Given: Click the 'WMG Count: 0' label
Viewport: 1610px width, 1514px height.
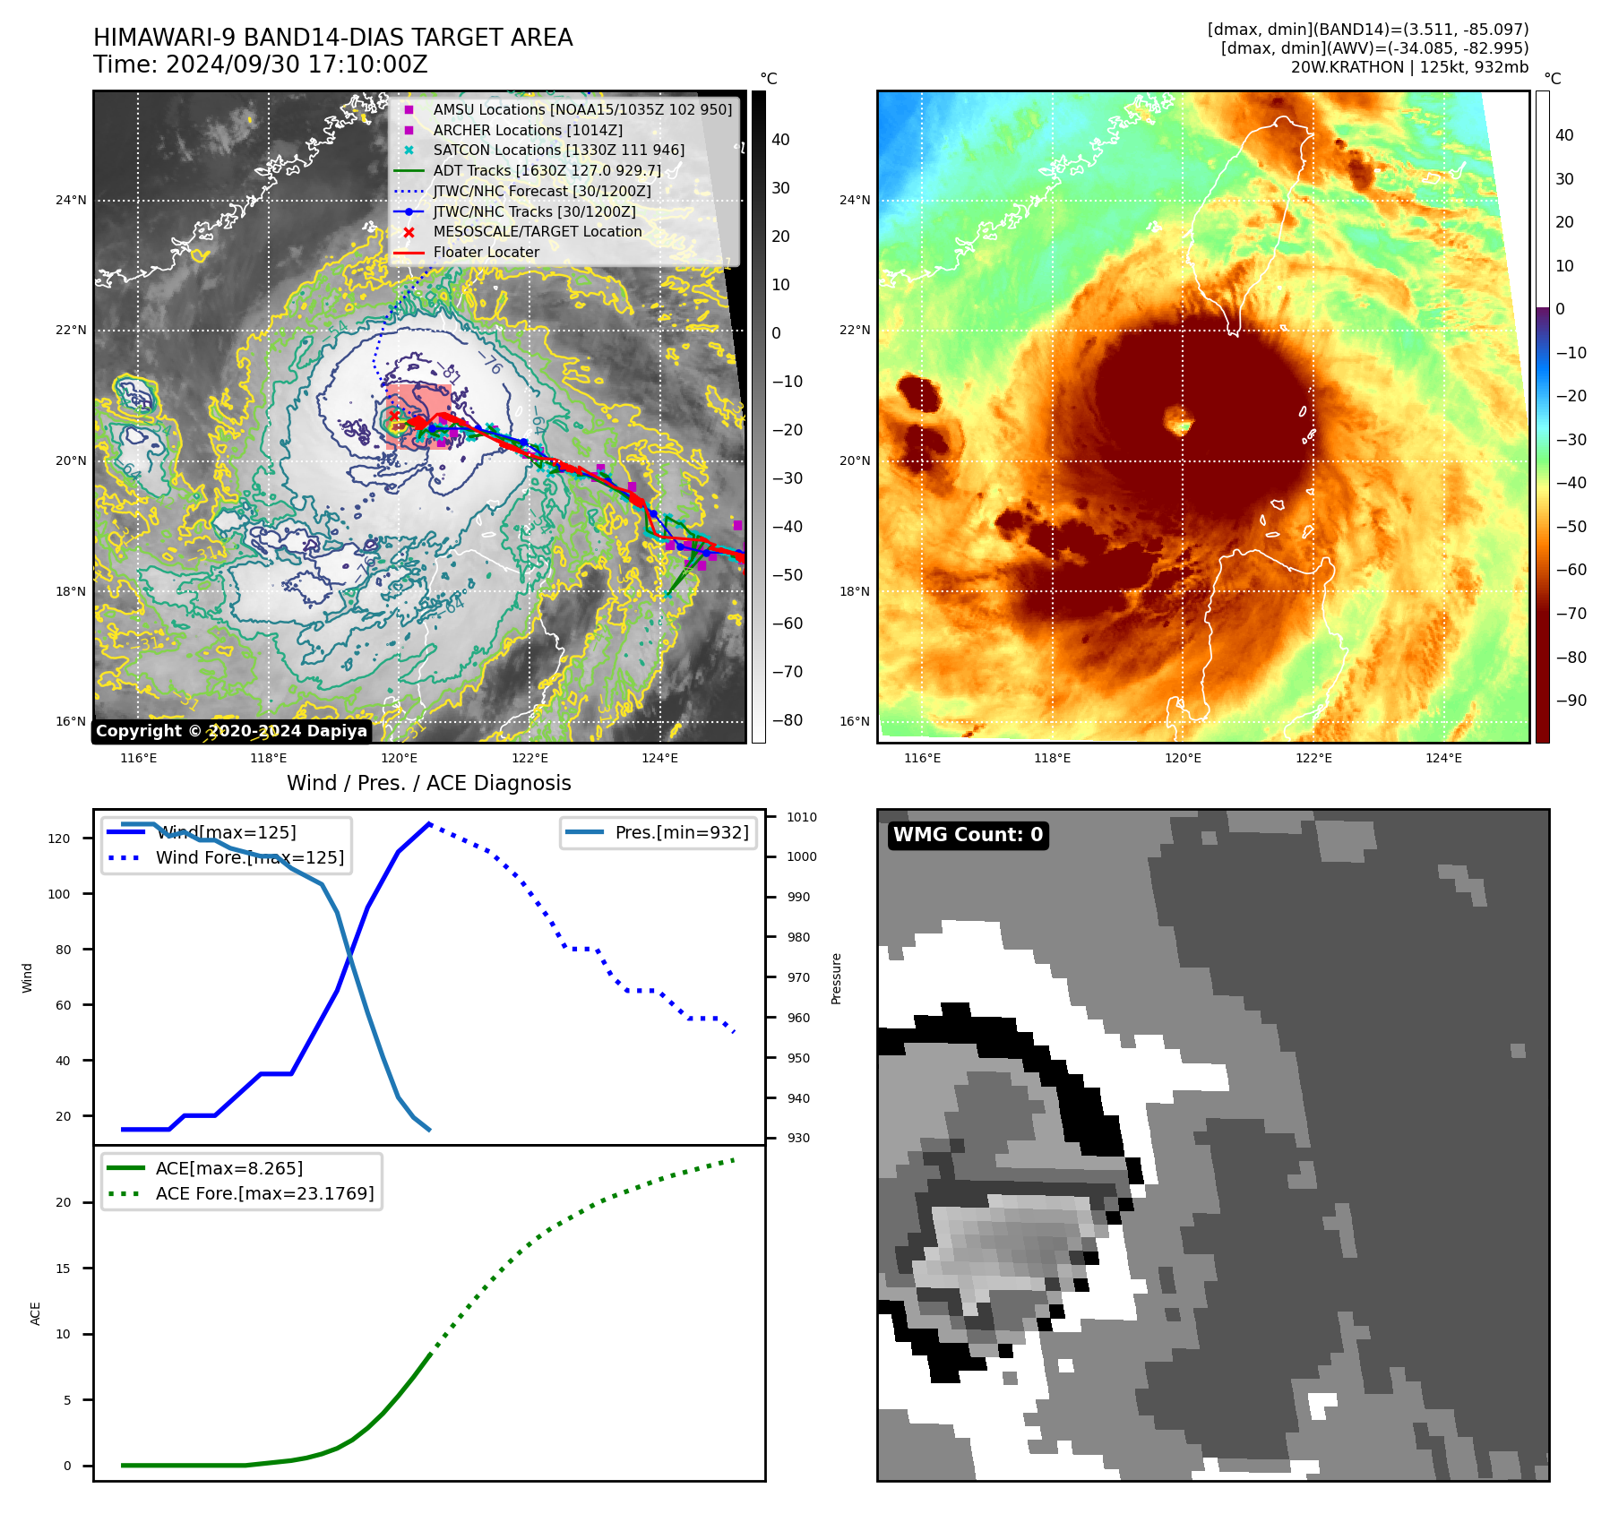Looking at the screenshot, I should [x=968, y=835].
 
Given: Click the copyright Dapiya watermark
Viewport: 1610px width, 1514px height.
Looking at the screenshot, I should [x=231, y=731].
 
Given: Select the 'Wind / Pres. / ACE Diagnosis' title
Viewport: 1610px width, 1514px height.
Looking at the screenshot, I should [x=428, y=783].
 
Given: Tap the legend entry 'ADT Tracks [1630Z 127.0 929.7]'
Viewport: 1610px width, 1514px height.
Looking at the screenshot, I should [x=547, y=170].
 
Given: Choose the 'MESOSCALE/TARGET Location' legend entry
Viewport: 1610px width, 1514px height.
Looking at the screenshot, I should [x=538, y=231].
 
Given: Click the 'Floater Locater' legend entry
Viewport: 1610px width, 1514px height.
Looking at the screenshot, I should [x=486, y=252].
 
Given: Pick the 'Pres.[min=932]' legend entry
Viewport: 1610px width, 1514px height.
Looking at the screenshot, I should [x=681, y=832].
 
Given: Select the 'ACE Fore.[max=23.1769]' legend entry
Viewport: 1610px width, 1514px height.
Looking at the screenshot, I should [x=264, y=1193].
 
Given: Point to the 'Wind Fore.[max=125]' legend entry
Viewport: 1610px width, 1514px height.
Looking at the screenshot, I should [x=249, y=857].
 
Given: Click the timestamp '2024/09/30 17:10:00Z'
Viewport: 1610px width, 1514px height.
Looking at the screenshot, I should [x=297, y=65].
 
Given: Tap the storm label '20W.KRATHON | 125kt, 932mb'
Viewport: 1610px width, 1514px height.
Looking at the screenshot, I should [x=1409, y=67].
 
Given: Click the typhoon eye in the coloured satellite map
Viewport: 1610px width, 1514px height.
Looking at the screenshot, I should [x=1178, y=418].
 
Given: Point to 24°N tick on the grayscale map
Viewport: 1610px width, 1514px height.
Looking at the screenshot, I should [x=71, y=200].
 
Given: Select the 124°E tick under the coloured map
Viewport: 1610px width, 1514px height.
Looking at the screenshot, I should [x=1443, y=758].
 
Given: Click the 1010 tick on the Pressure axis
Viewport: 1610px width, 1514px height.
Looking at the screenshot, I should [x=801, y=817].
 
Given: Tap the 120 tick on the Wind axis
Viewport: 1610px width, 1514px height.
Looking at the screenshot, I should [x=58, y=839].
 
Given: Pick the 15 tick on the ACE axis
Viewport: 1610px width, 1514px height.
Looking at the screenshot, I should [x=63, y=1269].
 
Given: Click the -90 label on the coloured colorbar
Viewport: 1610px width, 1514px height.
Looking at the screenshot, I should [x=1571, y=701].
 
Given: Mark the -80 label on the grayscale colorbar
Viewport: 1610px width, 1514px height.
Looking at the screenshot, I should [x=787, y=720].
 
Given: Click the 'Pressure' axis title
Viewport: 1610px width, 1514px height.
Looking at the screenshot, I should [x=836, y=978].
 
